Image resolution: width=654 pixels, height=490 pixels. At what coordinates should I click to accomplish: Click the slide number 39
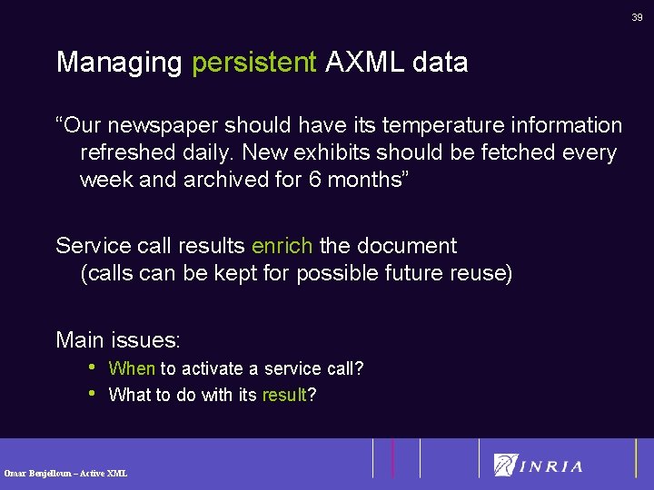coord(638,16)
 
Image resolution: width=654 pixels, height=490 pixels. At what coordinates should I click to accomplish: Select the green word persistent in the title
coord(253,63)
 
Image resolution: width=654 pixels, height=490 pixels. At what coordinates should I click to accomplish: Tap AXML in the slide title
coord(363,63)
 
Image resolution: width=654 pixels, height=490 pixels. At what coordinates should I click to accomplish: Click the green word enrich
coord(282,246)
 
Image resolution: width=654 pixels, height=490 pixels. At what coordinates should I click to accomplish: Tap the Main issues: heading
coord(118,340)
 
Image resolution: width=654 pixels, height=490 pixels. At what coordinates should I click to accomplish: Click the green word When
coord(132,368)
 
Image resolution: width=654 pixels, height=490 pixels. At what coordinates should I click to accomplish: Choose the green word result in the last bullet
coord(283,396)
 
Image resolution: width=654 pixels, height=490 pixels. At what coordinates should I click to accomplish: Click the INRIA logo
coord(538,465)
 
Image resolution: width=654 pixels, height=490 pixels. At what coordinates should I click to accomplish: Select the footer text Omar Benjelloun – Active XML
coord(65,473)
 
